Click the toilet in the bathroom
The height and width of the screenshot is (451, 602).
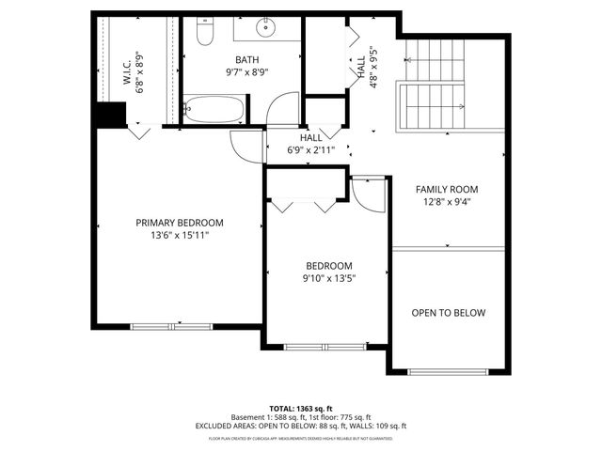pyautogui.click(x=207, y=33)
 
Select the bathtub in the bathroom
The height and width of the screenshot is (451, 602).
pyautogui.click(x=214, y=111)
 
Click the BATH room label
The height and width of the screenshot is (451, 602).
pyautogui.click(x=247, y=60)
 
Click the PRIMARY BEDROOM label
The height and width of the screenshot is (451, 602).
pyautogui.click(x=180, y=223)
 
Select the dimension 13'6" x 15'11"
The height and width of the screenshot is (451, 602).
pyautogui.click(x=180, y=235)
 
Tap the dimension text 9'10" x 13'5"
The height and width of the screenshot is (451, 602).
pyautogui.click(x=328, y=278)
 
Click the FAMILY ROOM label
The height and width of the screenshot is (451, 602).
pyautogui.click(x=448, y=189)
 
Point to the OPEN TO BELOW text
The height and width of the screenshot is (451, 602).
pyautogui.click(x=448, y=313)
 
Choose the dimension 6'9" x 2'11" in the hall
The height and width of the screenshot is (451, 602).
pyautogui.click(x=310, y=149)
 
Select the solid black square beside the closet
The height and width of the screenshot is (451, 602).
pyautogui.click(x=109, y=113)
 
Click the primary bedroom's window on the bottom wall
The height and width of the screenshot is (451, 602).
pyautogui.click(x=158, y=326)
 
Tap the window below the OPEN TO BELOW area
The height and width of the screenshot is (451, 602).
pyautogui.click(x=448, y=372)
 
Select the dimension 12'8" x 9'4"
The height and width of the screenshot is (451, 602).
pyautogui.click(x=448, y=201)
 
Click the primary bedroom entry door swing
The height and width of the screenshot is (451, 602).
pyautogui.click(x=246, y=147)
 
